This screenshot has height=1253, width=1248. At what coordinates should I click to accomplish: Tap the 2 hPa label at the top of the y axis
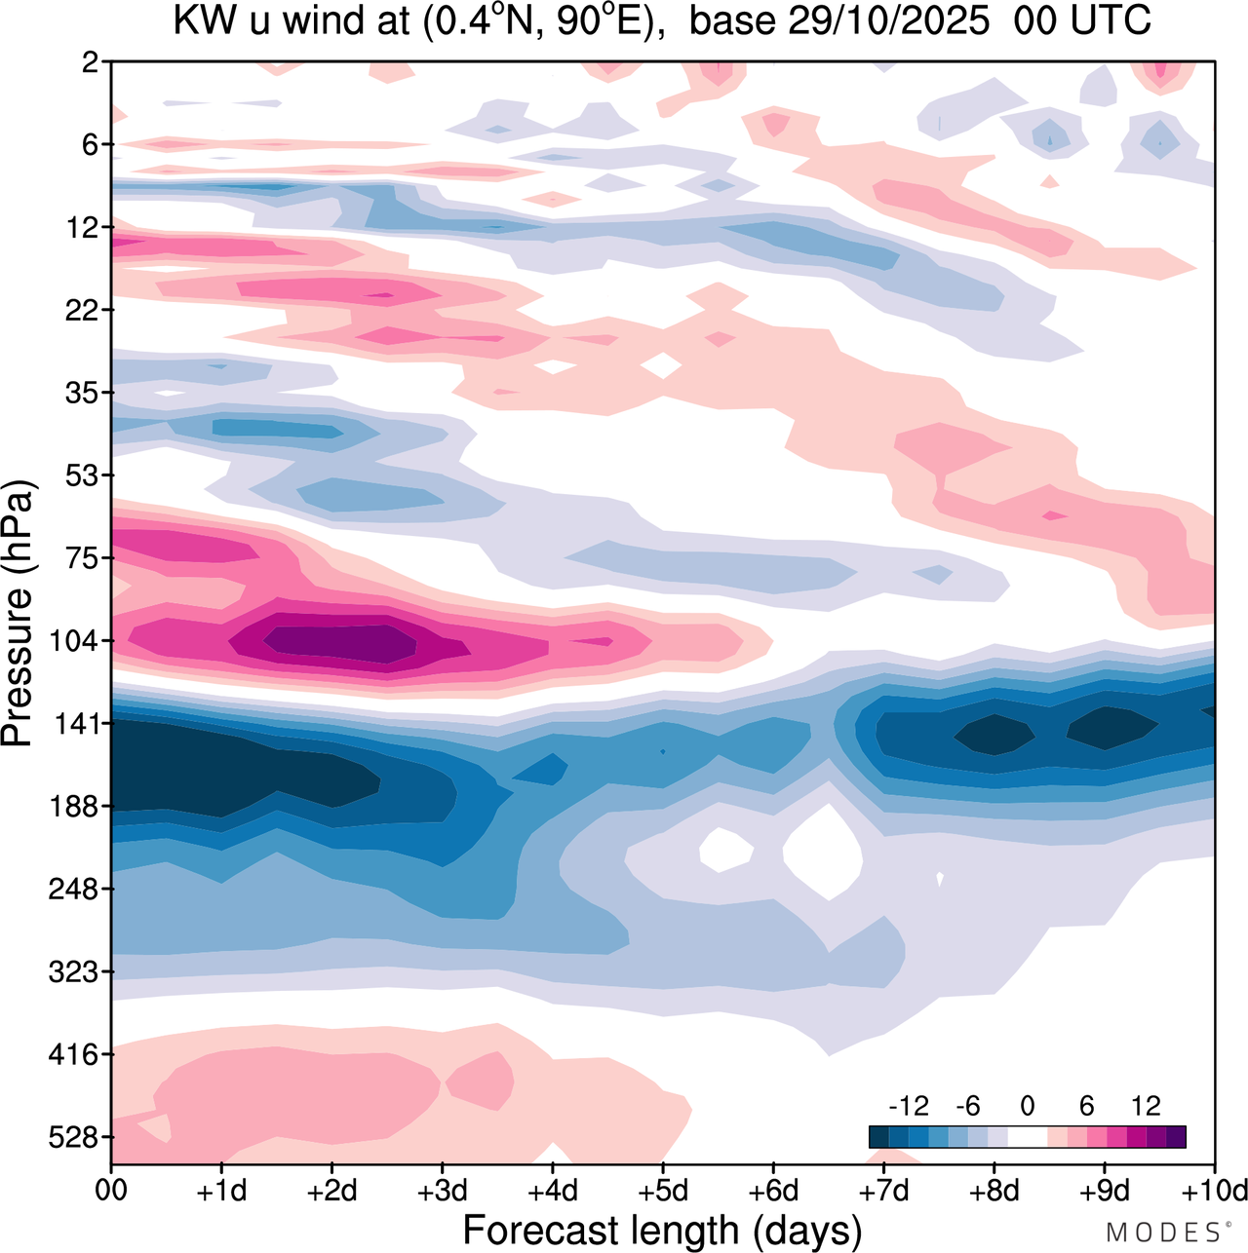pos(92,62)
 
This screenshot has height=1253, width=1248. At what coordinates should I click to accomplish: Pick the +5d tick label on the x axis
pos(663,1191)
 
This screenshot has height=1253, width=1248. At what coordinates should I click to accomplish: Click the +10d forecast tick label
pos(1215,1191)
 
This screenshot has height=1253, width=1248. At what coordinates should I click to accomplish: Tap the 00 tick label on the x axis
pos(111,1191)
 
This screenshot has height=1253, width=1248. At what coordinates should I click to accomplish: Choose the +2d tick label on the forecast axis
pos(331,1191)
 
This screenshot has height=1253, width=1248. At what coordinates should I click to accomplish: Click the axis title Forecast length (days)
pos(662,1230)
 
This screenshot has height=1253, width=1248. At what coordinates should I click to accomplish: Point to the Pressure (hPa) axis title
pos(19,614)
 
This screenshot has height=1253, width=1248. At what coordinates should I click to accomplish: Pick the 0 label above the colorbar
pos(1028,1106)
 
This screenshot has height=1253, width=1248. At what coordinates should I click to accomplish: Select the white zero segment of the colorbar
pos(1028,1137)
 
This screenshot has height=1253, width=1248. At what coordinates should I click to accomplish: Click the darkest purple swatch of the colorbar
pos(1176,1137)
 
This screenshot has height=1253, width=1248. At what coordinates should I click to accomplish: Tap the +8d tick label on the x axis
pos(994,1191)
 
